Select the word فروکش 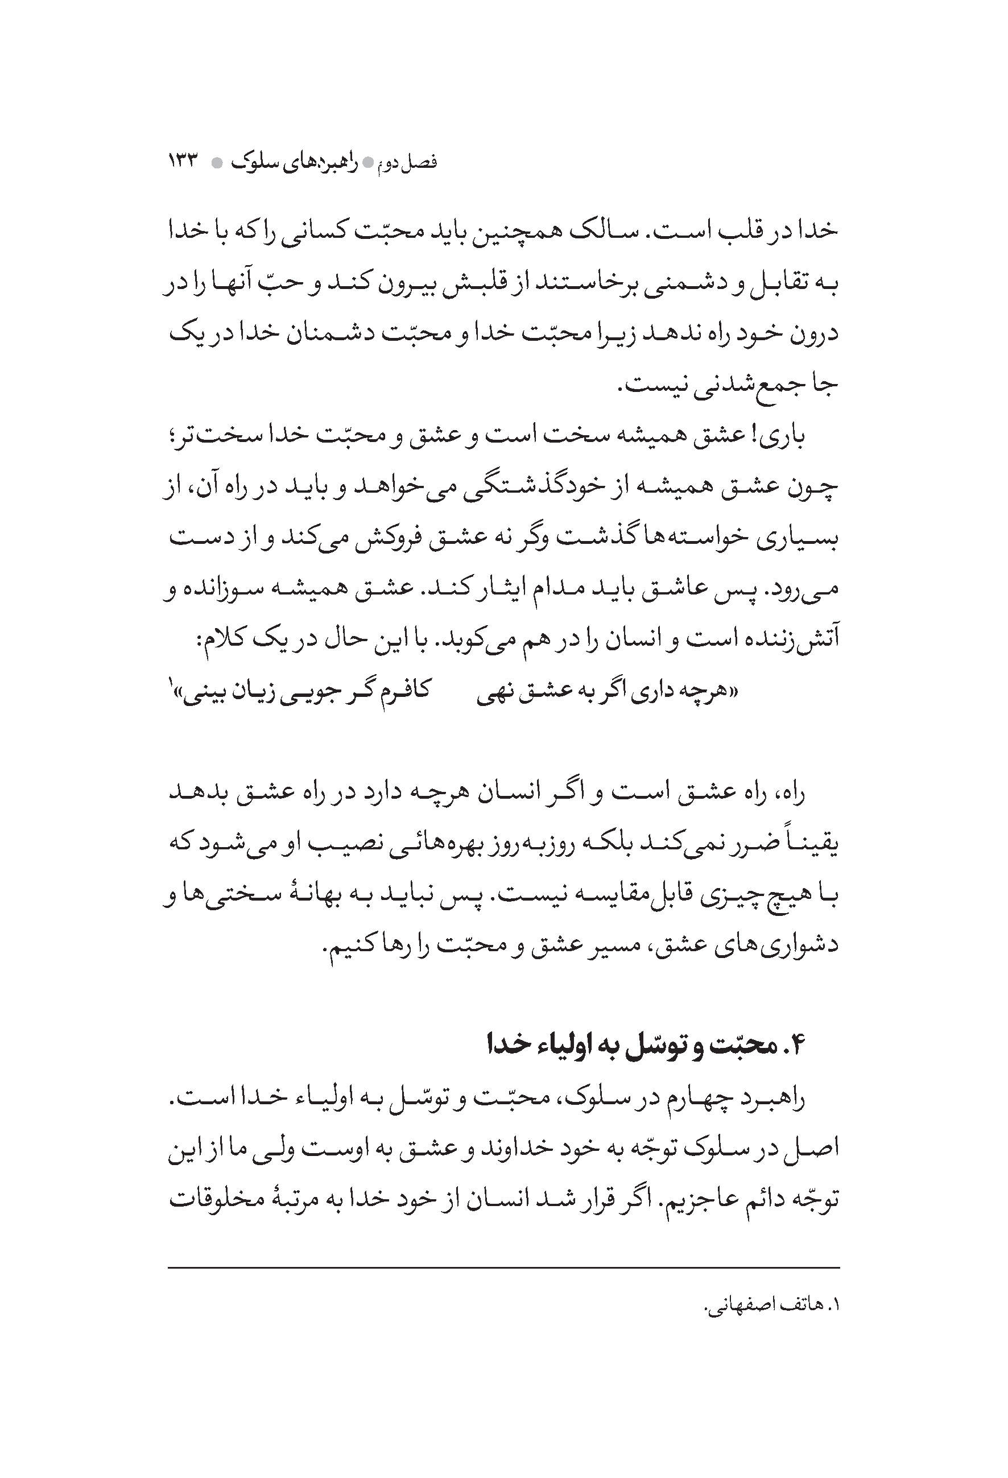(x=401, y=538)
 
